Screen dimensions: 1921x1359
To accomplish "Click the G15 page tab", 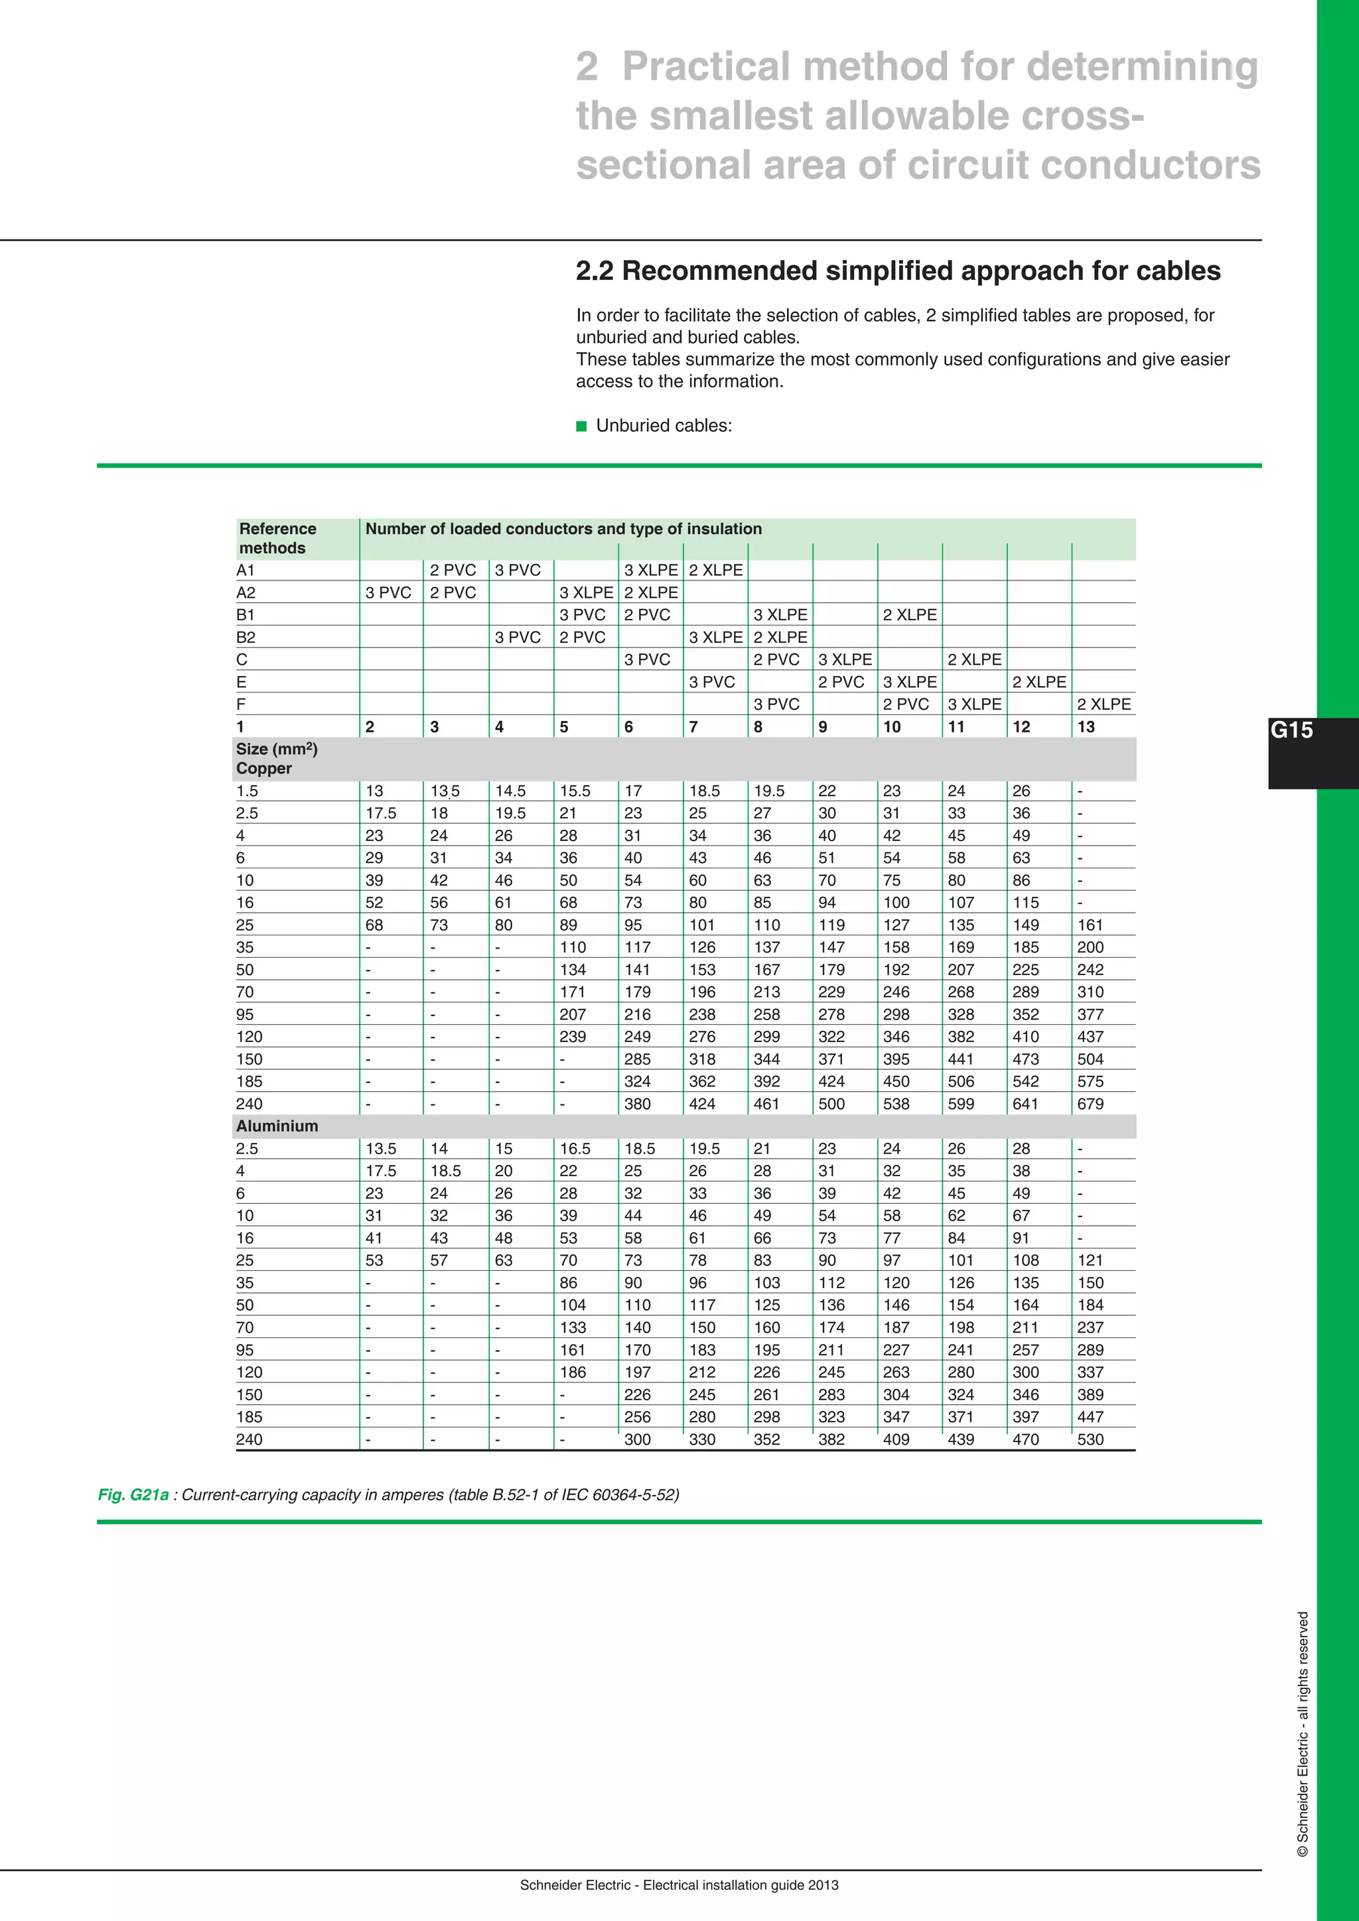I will tap(1292, 730).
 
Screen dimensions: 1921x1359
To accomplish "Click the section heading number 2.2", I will tap(593, 271).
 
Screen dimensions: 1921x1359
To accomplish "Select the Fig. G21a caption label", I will tap(133, 1494).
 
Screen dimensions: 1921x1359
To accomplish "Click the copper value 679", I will tap(1090, 1104).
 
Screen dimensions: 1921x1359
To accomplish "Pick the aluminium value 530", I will tap(1090, 1439).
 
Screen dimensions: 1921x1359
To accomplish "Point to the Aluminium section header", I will tap(277, 1126).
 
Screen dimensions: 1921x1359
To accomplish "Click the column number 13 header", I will tap(1086, 727).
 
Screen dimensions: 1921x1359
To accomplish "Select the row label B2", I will tap(246, 637).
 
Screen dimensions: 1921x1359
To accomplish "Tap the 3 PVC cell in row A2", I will tap(388, 592).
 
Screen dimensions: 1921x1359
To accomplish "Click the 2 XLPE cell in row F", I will tap(1104, 704).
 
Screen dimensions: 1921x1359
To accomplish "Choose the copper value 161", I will tap(1090, 925).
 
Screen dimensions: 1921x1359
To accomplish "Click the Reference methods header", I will tap(278, 538).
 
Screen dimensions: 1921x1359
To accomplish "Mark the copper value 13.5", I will tap(445, 791).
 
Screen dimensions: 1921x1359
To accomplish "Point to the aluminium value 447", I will tap(1090, 1416).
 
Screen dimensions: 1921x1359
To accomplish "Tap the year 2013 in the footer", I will tap(823, 1885).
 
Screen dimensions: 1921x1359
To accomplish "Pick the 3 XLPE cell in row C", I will tap(845, 659).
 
